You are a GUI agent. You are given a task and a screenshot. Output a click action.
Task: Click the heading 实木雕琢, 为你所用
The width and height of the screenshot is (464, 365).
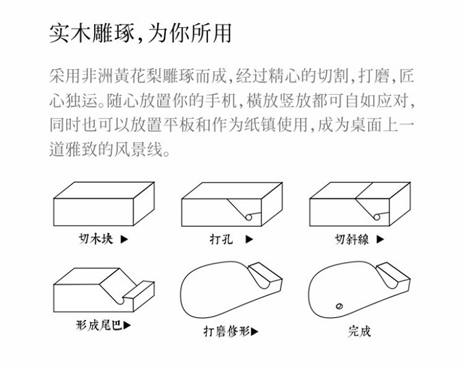[141, 33]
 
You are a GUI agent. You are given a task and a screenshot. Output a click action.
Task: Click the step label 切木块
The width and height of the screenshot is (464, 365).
[96, 239]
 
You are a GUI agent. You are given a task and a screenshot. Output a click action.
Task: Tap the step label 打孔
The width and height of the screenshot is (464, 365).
[221, 239]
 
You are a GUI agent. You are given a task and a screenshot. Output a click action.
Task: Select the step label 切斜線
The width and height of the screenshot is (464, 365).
[352, 239]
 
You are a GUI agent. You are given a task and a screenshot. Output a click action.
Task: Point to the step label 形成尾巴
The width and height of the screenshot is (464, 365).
[100, 325]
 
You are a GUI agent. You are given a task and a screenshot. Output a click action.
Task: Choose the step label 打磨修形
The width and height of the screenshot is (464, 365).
[227, 332]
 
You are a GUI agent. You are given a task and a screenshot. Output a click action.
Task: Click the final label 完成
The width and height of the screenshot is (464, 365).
[359, 332]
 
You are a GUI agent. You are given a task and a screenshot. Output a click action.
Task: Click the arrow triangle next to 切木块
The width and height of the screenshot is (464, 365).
[124, 239]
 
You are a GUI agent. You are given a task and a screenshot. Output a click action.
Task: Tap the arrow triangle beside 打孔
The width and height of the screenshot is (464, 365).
[250, 239]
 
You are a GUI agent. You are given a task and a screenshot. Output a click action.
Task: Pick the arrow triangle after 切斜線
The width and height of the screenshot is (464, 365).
[380, 239]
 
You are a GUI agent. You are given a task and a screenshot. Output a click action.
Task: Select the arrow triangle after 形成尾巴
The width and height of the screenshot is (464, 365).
[127, 325]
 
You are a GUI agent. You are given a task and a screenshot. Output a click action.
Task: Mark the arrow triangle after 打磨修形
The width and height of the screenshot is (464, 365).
[255, 332]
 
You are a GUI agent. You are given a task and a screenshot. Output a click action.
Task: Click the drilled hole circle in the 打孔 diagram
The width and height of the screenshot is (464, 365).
[248, 218]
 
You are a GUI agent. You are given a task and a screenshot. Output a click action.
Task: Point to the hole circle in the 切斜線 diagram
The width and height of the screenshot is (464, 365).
[377, 217]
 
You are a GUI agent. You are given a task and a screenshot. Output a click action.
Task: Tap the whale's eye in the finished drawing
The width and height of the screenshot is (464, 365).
[339, 306]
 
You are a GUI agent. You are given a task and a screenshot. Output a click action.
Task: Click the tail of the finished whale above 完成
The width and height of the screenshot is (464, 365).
[394, 276]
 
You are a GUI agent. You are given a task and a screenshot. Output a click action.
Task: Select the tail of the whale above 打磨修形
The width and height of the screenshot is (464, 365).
[265, 276]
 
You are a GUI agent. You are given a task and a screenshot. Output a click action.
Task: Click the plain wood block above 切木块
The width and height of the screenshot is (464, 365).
[104, 204]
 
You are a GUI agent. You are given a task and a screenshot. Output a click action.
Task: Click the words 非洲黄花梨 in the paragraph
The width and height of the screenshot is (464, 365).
[121, 76]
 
